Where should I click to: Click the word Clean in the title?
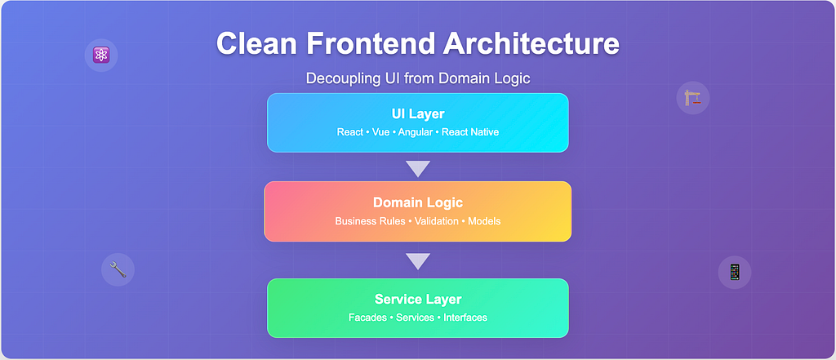[x=256, y=43]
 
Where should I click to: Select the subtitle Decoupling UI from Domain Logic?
[x=417, y=78]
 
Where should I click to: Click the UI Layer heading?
[x=417, y=113]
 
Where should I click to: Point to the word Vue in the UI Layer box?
[x=380, y=131]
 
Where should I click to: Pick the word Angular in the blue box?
[x=416, y=131]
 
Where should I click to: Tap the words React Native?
[x=470, y=131]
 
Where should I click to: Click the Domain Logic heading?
[x=417, y=202]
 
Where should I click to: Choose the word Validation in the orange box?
[x=436, y=221]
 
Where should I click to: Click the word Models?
[x=484, y=221]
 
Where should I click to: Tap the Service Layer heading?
[x=417, y=299]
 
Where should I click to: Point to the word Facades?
[x=367, y=318]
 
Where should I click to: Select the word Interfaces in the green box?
[x=465, y=318]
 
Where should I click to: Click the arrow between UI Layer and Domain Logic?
[x=417, y=168]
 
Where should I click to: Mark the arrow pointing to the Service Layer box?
[x=417, y=261]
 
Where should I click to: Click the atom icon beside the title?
[x=101, y=56]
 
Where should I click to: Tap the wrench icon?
[x=118, y=269]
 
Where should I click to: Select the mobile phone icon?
[x=734, y=272]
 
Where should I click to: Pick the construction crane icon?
[x=693, y=99]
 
